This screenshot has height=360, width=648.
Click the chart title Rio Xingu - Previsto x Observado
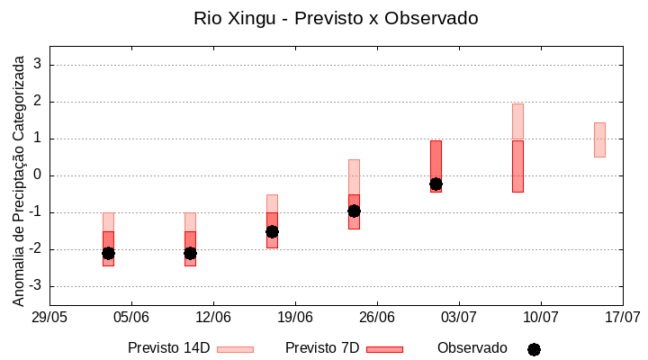coord(336,18)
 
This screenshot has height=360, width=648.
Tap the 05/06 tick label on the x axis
coord(131,317)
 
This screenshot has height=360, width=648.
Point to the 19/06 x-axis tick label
coord(295,317)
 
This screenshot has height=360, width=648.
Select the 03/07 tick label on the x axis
coord(459,317)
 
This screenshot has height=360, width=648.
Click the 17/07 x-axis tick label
coord(623,317)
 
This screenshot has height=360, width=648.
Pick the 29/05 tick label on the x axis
coord(50,317)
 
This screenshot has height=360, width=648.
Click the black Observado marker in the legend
coord(534,349)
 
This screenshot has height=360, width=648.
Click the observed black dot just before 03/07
coord(436,184)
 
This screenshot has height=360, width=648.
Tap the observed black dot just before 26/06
coord(354,211)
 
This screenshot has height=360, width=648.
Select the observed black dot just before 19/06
coord(272,231)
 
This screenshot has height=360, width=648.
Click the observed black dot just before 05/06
coord(108,253)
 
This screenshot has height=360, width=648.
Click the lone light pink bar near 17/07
coord(599,139)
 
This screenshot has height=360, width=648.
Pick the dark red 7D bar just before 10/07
coord(517,166)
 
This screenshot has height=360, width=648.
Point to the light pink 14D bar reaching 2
coord(517,121)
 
